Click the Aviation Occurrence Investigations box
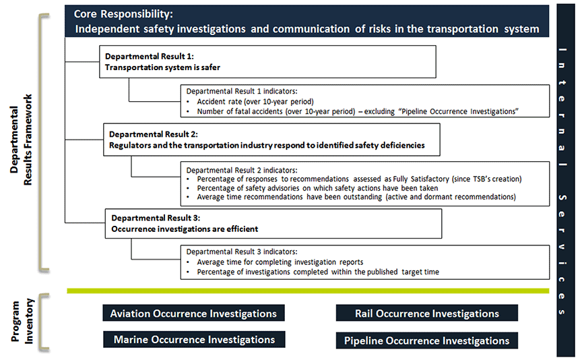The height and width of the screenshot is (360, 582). pos(193,313)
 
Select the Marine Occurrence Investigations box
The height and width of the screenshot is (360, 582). pos(194,339)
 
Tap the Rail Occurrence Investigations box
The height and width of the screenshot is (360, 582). pos(427,313)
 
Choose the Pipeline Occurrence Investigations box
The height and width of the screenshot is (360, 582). pos(427,340)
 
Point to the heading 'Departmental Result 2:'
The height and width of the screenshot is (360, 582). pos(154,134)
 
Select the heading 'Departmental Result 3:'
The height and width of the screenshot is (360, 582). pos(156,218)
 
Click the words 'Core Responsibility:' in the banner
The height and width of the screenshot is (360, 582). pos(123,13)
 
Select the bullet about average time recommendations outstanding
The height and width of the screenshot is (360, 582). pos(356,197)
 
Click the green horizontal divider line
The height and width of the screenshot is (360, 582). pos(308,291)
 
